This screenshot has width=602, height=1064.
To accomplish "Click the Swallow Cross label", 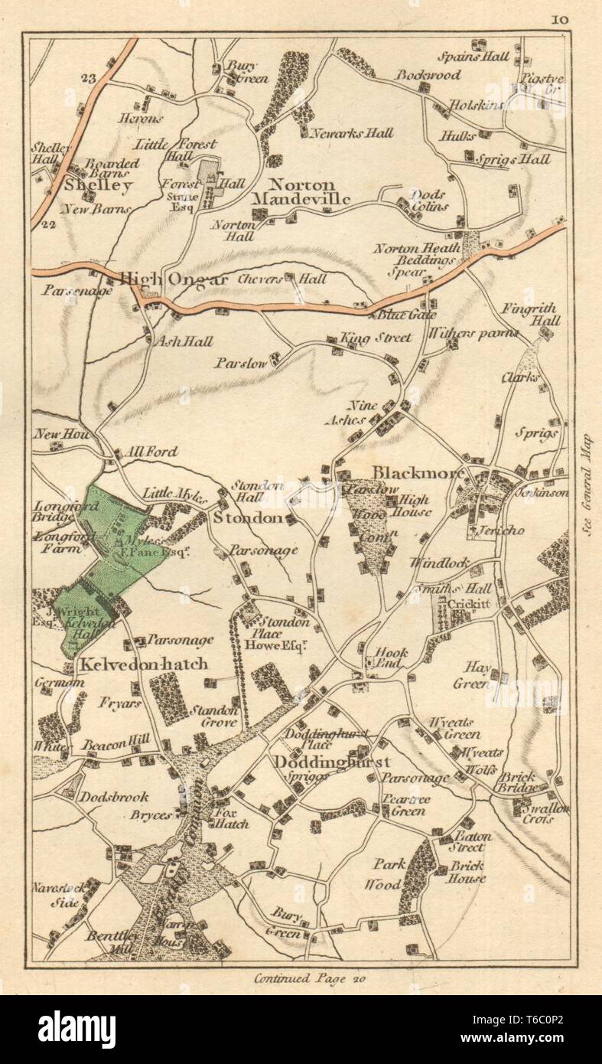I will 542,813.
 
